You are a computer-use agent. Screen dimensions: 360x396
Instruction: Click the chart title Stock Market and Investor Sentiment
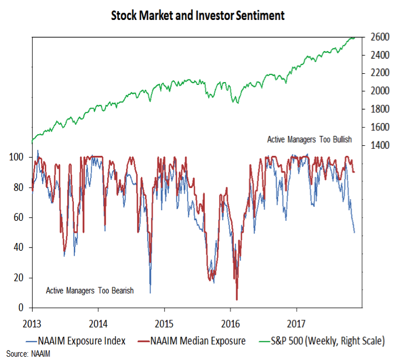point(198,15)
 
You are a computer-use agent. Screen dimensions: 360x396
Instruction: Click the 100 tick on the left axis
point(18,158)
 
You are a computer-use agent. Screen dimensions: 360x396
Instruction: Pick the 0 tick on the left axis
point(22,307)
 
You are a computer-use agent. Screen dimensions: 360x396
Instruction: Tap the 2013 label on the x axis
point(32,321)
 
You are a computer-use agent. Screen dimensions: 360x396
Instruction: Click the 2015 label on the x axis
point(164,321)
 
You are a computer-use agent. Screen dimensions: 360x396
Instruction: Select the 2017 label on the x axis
point(297,321)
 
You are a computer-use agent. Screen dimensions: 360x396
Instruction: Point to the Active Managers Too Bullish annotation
point(309,140)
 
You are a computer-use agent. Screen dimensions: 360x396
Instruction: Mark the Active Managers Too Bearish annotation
point(89,290)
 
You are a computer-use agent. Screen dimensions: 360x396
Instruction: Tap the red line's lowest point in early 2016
point(237,300)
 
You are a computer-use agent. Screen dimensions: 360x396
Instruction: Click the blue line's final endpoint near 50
point(354,232)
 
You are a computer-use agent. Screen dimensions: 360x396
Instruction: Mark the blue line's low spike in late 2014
point(150,292)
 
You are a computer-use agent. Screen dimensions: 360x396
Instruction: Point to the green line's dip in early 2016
point(236,102)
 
